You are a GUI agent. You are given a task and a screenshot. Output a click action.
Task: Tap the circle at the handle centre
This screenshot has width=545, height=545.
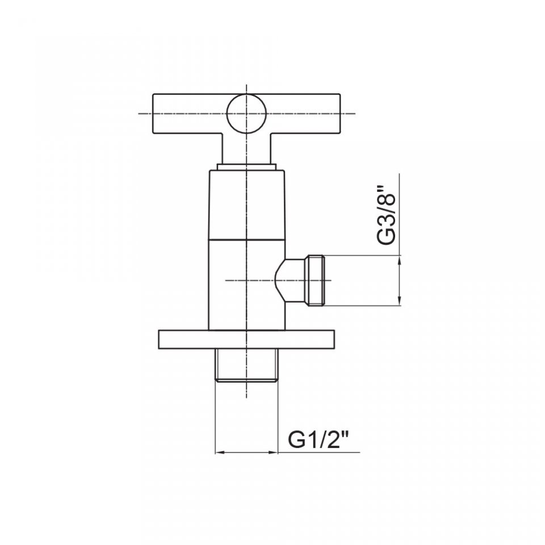pos(246,114)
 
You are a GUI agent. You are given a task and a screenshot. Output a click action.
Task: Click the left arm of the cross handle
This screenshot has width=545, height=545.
pos(190,114)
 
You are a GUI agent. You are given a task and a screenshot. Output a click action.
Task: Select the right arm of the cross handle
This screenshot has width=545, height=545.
pos(303,114)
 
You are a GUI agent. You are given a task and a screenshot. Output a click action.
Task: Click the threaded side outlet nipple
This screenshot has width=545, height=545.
pos(316,280)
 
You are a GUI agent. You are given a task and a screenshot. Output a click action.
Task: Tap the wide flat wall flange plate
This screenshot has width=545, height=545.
pos(246,339)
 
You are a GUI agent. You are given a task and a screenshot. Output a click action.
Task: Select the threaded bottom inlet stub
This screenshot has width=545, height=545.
pos(246,365)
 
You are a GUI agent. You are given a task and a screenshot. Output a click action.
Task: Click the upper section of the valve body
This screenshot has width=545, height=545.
pos(246,205)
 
